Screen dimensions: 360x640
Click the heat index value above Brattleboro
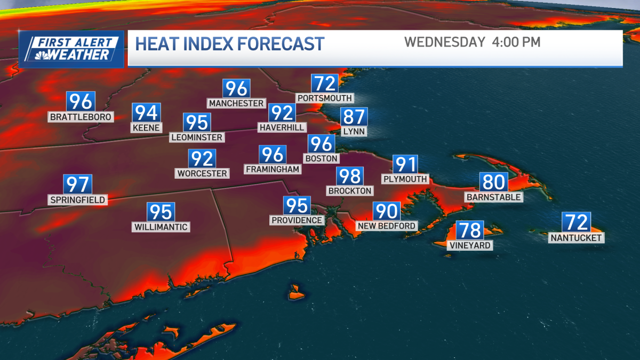click(81, 101)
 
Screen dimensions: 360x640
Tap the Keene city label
click(146, 128)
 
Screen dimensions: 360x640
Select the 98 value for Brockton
click(350, 176)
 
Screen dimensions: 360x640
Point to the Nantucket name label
click(577, 238)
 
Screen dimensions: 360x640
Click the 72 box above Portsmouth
click(325, 84)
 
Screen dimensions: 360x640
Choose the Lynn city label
click(353, 131)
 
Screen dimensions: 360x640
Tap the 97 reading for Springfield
click(78, 185)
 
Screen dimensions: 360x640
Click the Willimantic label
click(161, 227)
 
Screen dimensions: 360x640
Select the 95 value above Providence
click(297, 205)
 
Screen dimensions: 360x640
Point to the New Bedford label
click(387, 226)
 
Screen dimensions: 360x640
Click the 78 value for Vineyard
click(470, 230)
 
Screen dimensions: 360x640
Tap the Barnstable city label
click(493, 197)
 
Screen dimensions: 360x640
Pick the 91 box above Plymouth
click(405, 164)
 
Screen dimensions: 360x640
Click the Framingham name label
click(273, 169)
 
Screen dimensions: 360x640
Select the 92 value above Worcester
click(202, 158)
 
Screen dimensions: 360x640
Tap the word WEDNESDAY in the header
click(444, 42)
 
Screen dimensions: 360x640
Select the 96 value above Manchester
click(236, 88)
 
